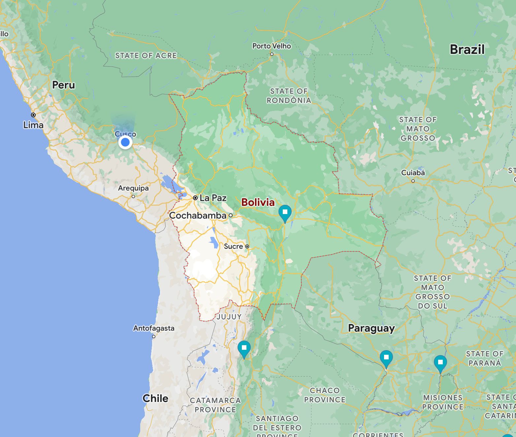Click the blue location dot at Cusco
point(125,142)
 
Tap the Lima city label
point(33,125)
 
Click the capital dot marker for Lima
point(33,115)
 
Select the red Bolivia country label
point(258,202)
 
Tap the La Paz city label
point(213,198)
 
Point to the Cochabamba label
point(198,215)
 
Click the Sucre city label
point(233,246)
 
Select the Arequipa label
point(133,188)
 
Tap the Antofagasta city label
point(154,328)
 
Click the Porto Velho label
point(272,46)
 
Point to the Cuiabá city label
point(413,173)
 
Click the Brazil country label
point(467,50)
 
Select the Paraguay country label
point(371,328)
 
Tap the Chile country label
point(155,398)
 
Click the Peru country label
point(64,85)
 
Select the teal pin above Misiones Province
point(440,363)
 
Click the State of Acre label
point(146,55)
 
